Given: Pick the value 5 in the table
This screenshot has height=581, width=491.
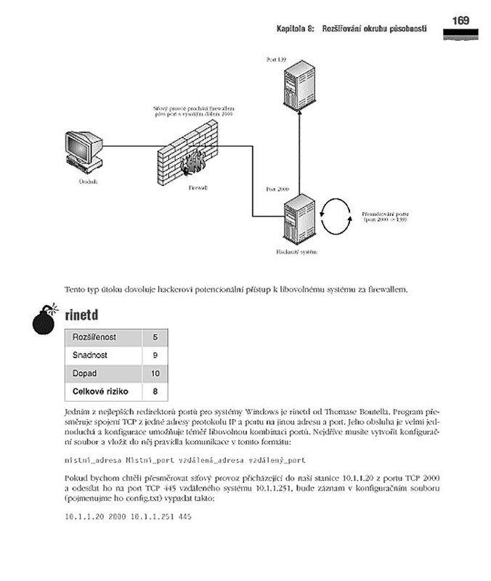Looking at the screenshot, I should click(x=155, y=338).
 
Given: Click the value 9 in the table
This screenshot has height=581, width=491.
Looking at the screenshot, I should click(x=155, y=356).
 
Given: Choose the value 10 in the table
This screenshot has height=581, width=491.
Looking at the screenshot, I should click(x=155, y=374).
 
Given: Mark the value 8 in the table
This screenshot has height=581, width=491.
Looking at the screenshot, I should click(x=155, y=392).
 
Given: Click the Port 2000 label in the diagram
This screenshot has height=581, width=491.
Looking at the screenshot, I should click(x=277, y=189).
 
